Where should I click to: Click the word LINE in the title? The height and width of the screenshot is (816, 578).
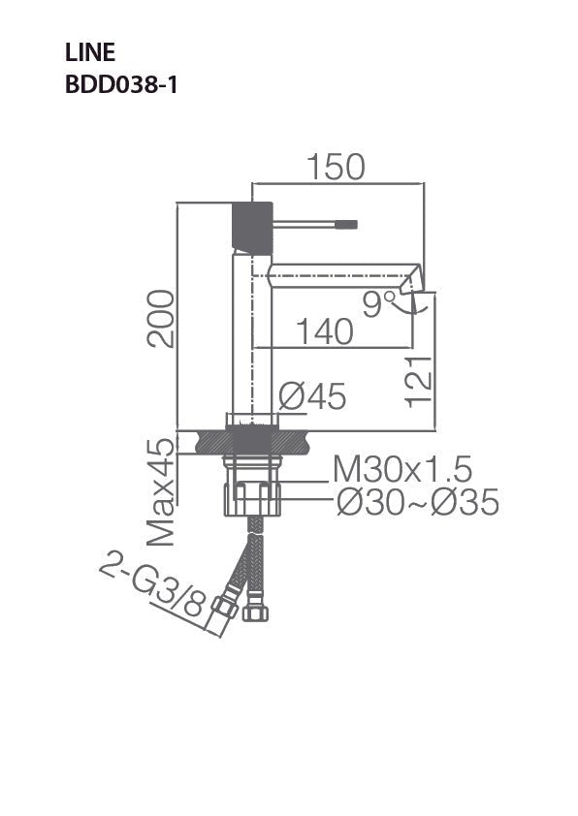point(89,53)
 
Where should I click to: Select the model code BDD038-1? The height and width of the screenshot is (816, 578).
point(120,84)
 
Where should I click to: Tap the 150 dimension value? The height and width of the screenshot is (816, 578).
point(337,167)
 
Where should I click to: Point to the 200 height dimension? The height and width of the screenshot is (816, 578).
point(162,318)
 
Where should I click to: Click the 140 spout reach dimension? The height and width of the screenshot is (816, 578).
point(324,331)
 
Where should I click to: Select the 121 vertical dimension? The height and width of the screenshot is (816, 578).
point(417,380)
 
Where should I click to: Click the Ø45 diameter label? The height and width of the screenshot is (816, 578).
point(312,396)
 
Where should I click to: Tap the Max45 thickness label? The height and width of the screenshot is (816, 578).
point(162,490)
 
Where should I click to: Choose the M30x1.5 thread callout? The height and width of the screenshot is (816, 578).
point(402,470)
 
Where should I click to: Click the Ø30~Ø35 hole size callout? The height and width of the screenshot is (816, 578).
point(417,502)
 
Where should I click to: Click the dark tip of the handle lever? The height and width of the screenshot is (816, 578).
point(346,225)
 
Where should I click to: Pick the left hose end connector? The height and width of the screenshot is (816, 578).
point(226,606)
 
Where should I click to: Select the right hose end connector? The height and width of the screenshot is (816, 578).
point(258,612)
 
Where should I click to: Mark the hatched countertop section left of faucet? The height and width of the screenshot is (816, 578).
point(210,443)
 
